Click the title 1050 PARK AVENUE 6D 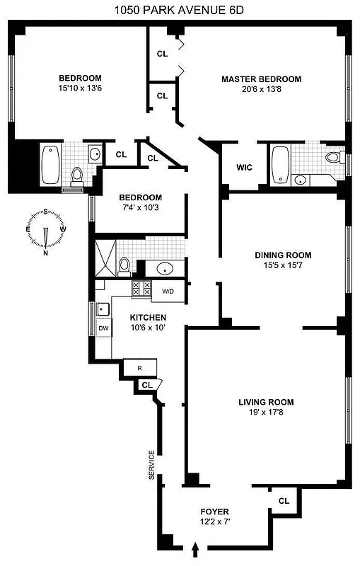point(180,10)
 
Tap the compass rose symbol point(45,231)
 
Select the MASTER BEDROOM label point(261,79)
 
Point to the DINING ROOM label point(282,255)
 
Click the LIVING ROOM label point(265,402)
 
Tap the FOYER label point(214,511)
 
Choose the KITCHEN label point(149,318)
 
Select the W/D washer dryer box point(168,291)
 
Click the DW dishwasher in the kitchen point(103,328)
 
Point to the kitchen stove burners point(139,289)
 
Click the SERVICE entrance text point(151,465)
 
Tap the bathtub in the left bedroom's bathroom point(51,163)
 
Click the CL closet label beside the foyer point(284,500)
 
